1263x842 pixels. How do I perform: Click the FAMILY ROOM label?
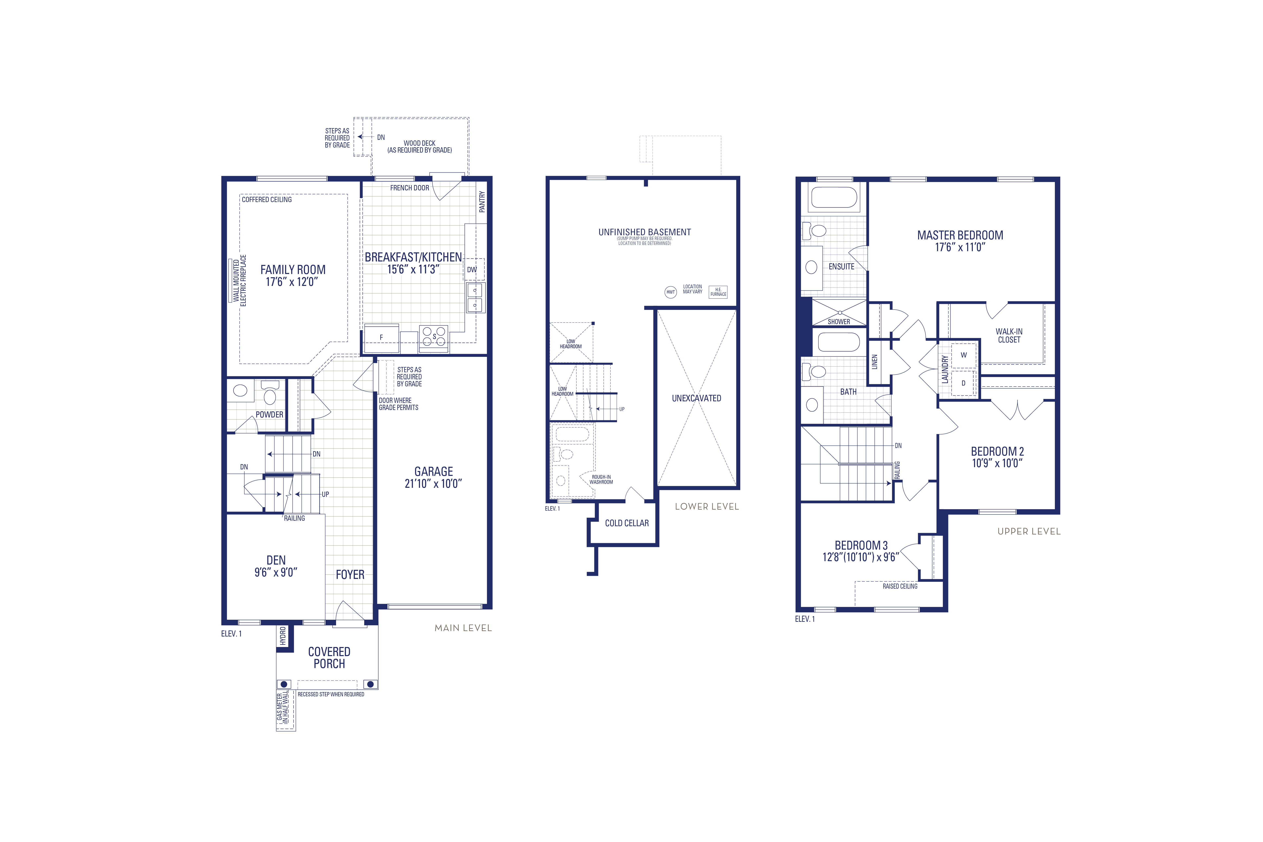(x=293, y=270)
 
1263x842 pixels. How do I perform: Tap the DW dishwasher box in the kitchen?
(x=472, y=270)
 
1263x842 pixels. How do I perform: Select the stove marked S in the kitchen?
(x=434, y=337)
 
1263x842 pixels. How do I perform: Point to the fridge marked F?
(x=381, y=338)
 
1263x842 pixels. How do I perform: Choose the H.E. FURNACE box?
(x=718, y=292)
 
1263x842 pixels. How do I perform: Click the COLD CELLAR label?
(x=627, y=523)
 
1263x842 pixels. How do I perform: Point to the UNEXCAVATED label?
(x=697, y=398)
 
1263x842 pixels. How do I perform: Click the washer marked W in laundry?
(x=963, y=355)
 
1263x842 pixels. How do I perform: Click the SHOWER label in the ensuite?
(x=839, y=322)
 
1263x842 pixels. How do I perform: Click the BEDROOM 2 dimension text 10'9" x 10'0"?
(x=997, y=463)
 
